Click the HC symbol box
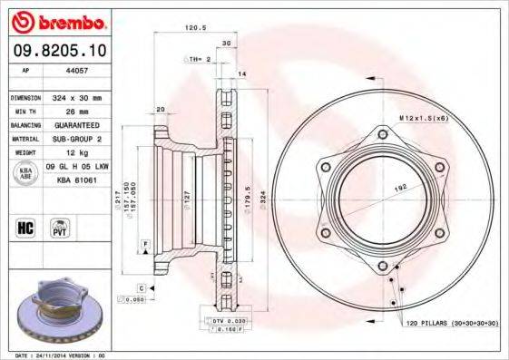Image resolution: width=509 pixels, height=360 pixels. [x=24, y=227]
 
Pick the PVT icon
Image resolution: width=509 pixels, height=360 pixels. [x=60, y=227]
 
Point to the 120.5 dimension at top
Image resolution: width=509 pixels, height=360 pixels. [x=191, y=28]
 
